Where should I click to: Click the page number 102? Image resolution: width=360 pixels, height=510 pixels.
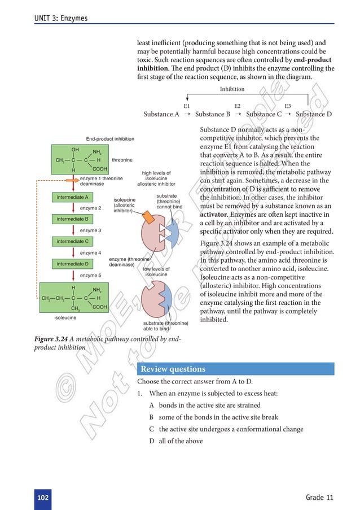pos(42,497)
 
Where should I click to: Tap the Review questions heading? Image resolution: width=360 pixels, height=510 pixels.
pos(173,369)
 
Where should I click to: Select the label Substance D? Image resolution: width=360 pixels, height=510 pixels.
pos(314,114)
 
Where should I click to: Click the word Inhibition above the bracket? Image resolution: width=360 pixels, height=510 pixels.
pos(232,89)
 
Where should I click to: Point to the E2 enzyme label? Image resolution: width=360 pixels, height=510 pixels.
pos(238,106)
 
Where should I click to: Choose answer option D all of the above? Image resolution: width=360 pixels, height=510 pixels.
pos(175,441)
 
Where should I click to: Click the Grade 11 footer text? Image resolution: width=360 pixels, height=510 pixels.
pos(320,497)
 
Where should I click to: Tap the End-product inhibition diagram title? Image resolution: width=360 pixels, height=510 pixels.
pos(110,138)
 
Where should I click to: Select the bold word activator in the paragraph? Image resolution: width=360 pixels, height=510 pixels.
pos(216,215)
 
